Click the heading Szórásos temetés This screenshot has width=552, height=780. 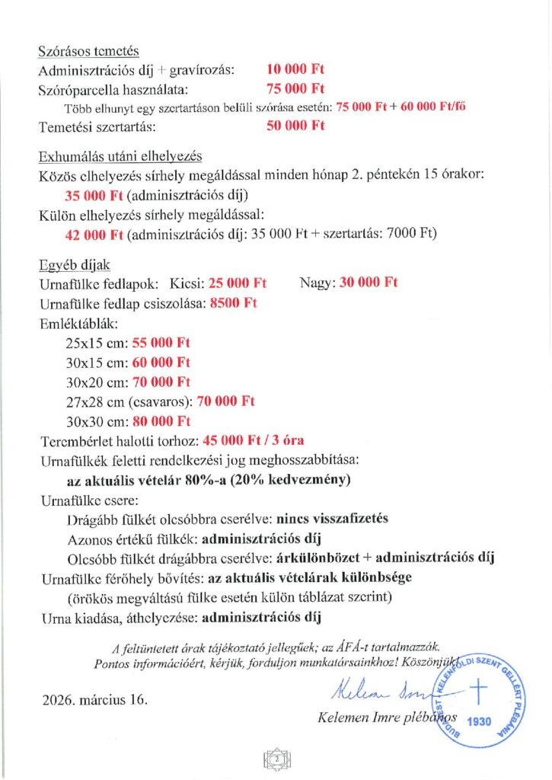coord(88,52)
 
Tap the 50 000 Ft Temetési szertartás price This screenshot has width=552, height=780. coord(295,126)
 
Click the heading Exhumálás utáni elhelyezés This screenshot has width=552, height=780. coord(120,158)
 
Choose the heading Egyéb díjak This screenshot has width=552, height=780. coord(75,265)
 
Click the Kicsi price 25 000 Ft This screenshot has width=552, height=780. coord(238,283)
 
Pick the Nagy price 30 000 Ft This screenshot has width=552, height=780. coord(369,283)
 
